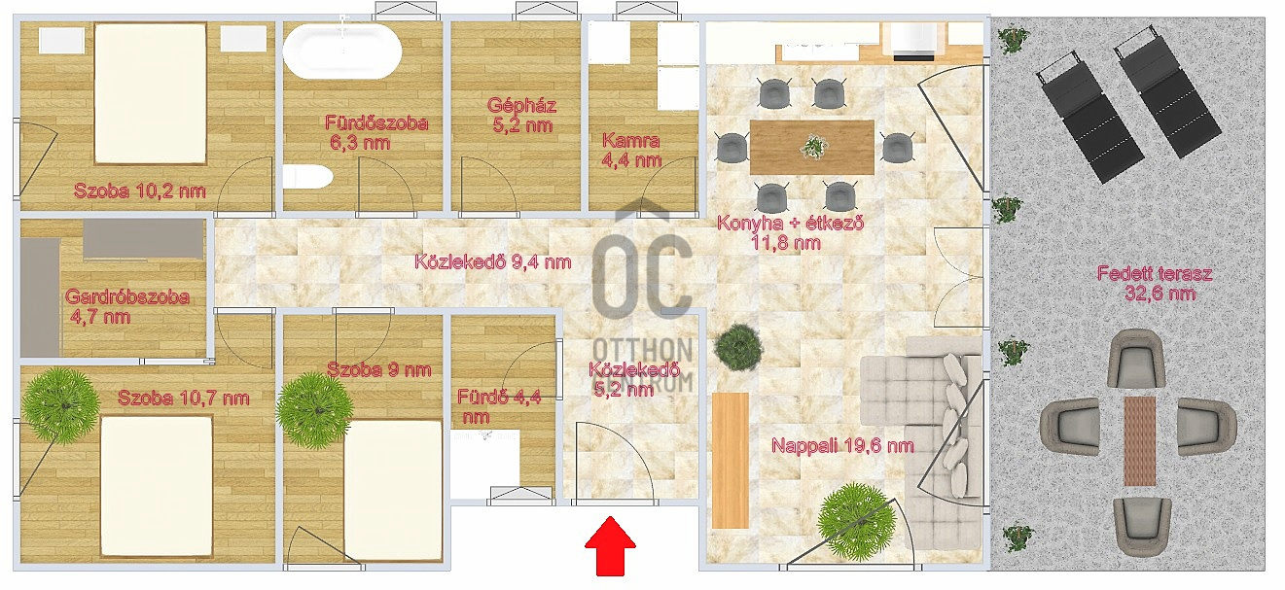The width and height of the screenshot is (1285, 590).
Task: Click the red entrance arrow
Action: pos(610,545)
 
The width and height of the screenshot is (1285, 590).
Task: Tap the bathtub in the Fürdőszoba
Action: pos(341,51)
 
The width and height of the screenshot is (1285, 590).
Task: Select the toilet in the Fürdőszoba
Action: pos(307,177)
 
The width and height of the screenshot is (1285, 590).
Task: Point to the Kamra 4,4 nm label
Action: pos(630,150)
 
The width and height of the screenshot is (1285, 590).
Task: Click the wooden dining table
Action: pos(811,147)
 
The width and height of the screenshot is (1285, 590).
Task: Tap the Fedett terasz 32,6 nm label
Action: pos(1154,283)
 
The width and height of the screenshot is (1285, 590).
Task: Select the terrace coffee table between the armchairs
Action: pos(1139,440)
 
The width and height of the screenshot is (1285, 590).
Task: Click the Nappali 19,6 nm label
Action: pos(842,446)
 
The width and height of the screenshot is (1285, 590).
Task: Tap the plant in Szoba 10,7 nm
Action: pos(61,402)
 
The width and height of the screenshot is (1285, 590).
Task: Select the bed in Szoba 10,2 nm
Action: pos(151,92)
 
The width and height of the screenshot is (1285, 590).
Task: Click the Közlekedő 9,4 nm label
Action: pos(492,261)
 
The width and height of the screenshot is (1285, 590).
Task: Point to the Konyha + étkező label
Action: pos(790,231)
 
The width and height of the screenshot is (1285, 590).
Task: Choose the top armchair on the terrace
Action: pos(1139,358)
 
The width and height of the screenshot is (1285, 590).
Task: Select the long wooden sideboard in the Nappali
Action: pos(730,460)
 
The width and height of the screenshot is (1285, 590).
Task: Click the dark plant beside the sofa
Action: pos(740,346)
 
